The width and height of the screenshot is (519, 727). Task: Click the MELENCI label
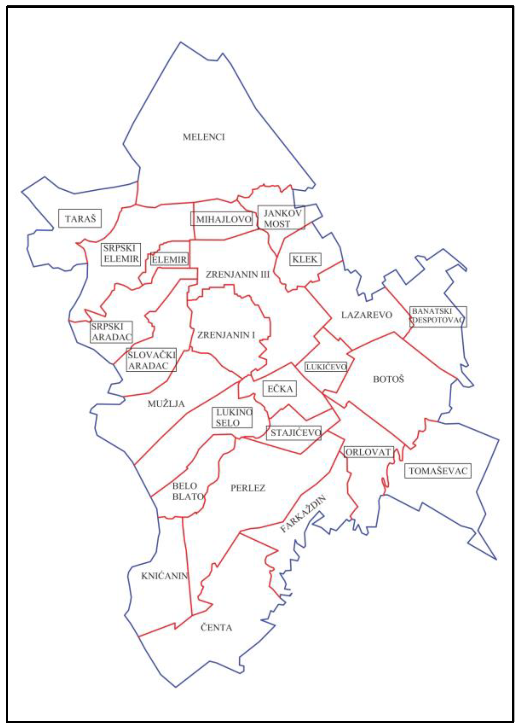tap(204, 137)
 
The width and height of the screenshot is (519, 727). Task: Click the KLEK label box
tap(305, 259)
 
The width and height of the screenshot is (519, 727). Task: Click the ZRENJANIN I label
tap(226, 335)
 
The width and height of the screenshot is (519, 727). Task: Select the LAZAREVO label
tap(367, 315)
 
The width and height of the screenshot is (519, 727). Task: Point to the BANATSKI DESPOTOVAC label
tap(438, 316)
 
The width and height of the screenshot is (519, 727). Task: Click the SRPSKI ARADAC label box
tap(111, 332)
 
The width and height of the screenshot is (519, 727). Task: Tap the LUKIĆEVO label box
tap(326, 367)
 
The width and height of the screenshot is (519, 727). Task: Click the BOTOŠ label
tap(389, 379)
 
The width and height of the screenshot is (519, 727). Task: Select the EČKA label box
tap(280, 389)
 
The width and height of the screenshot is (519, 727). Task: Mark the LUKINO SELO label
tap(232, 418)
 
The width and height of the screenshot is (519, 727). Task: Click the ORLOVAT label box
tap(368, 452)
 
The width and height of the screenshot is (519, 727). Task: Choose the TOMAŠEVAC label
tap(438, 471)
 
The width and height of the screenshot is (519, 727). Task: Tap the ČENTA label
tap(216, 628)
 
